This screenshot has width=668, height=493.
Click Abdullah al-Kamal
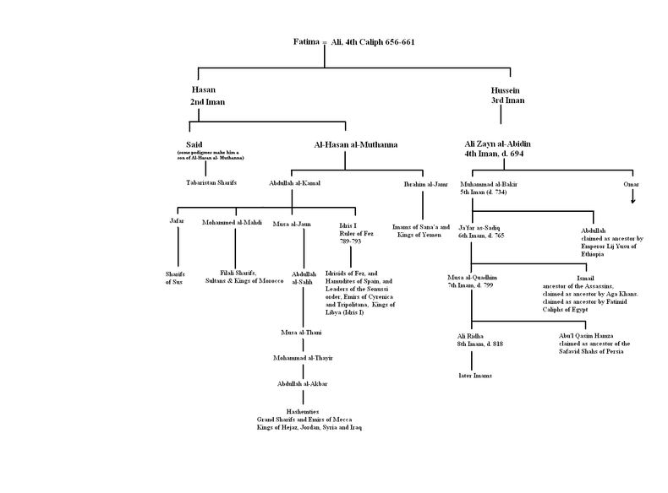coord(294,181)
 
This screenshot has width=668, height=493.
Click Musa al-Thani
coord(303,333)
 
